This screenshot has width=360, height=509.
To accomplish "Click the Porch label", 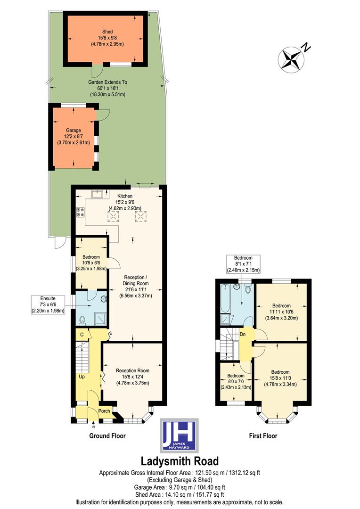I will (104, 411).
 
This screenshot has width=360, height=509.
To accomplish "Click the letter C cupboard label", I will (82, 335).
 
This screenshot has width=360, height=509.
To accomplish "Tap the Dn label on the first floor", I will (243, 335).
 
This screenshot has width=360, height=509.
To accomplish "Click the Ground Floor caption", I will (107, 436).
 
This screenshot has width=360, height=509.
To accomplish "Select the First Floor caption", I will (263, 436).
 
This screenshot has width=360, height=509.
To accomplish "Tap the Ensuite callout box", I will (48, 304).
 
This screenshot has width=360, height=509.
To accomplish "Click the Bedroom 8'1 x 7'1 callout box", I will (243, 264).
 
